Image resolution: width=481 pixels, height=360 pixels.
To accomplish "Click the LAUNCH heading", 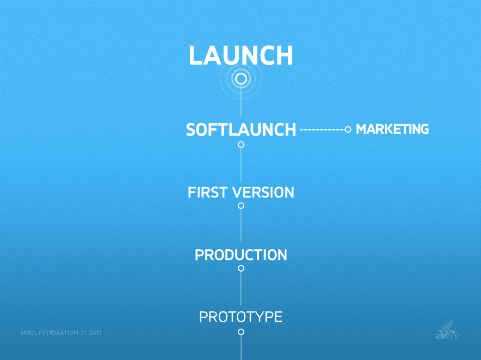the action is click(241, 55).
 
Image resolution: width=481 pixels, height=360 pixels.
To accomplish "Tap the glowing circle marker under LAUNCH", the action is click(241, 73).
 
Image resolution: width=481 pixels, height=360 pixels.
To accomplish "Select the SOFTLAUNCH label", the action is click(241, 130).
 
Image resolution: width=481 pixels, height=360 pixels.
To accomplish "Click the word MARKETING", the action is click(392, 129).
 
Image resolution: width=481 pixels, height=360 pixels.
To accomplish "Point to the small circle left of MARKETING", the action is click(348, 127).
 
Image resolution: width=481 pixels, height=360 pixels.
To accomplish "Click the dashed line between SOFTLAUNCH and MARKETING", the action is click(322, 130).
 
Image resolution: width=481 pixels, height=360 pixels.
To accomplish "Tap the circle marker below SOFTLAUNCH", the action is click(241, 142).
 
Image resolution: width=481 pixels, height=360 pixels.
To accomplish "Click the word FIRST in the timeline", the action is click(207, 192).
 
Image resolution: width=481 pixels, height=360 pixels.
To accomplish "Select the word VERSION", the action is click(263, 192).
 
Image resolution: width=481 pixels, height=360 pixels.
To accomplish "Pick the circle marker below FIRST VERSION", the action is click(241, 203).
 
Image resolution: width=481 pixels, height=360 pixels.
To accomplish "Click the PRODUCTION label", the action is click(241, 255).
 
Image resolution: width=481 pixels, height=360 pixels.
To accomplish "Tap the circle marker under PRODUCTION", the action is click(241, 266).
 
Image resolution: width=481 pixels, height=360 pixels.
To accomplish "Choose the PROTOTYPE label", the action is click(241, 317).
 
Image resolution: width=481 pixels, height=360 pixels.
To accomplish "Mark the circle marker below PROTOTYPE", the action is click(241, 329).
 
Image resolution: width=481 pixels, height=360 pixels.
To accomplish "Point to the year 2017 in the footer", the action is click(95, 333).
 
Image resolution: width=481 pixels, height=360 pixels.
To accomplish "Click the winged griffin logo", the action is click(448, 329).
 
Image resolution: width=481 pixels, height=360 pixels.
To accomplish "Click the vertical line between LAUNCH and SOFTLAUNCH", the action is click(241, 101).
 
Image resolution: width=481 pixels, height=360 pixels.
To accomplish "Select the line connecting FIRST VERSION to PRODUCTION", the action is click(241, 225).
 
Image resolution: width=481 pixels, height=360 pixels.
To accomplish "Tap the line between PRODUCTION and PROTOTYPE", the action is click(241, 288).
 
